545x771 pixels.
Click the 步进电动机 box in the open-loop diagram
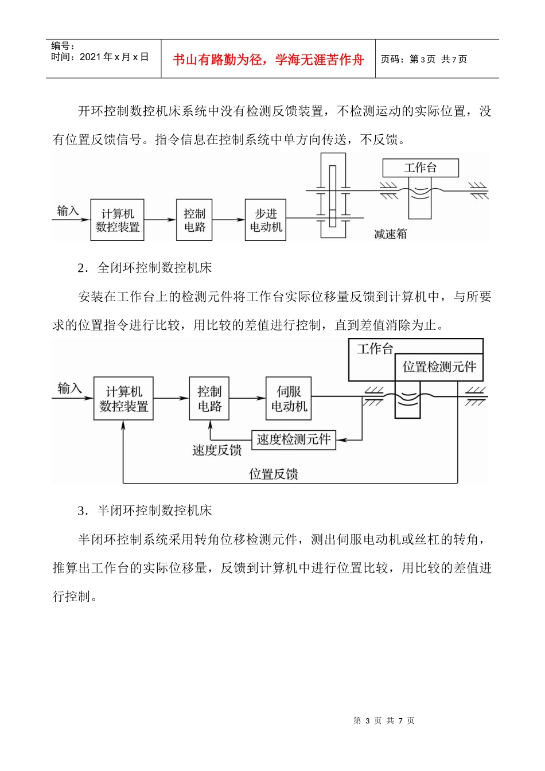[266, 220]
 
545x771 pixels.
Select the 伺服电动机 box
[289, 399]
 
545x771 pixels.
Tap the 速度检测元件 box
[294, 440]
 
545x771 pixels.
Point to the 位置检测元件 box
[439, 367]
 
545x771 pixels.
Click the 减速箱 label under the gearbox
[390, 234]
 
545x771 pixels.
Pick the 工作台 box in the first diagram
[421, 168]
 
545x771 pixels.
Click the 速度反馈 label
[217, 450]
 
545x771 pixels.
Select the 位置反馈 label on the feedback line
[274, 474]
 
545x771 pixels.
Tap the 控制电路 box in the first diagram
[194, 220]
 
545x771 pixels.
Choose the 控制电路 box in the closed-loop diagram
[209, 399]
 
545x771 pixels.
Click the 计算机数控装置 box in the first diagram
[118, 220]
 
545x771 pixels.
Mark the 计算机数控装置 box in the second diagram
[123, 399]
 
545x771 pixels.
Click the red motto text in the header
[268, 60]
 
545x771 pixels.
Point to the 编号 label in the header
[63, 46]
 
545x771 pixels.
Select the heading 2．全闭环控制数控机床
[145, 267]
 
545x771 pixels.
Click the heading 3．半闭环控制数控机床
[145, 511]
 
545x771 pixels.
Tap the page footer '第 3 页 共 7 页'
[384, 721]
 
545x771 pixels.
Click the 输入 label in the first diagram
[68, 211]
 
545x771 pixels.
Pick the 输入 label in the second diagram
[69, 388]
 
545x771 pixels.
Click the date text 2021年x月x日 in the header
[114, 57]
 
